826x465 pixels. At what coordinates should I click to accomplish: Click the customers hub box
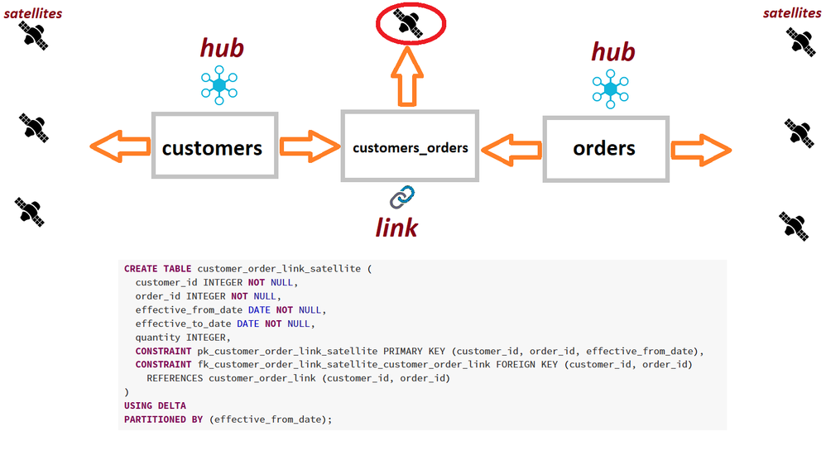(x=214, y=146)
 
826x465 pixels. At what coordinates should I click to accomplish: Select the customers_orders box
(x=410, y=146)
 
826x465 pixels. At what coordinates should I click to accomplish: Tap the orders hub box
(x=605, y=148)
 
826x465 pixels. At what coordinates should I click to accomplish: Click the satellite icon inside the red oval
(x=408, y=22)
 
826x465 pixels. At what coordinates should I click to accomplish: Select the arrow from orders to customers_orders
(x=511, y=150)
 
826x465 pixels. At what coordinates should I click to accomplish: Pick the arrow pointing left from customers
(x=120, y=147)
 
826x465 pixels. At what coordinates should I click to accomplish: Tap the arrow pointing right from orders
(x=700, y=150)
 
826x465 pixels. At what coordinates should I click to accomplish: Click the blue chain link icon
(x=402, y=197)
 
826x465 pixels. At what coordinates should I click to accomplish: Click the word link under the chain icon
(x=396, y=226)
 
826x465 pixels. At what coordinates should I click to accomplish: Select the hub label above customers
(x=222, y=48)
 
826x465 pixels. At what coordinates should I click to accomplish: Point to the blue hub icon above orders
(x=611, y=89)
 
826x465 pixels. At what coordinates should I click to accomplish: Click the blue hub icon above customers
(x=219, y=85)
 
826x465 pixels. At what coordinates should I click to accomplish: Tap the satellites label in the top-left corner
(x=33, y=13)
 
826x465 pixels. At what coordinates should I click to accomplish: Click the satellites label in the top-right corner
(x=792, y=12)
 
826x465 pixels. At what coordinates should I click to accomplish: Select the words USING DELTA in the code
(x=155, y=405)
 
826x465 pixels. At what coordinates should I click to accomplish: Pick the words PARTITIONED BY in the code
(x=165, y=419)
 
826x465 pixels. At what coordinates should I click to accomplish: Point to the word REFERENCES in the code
(x=175, y=378)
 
